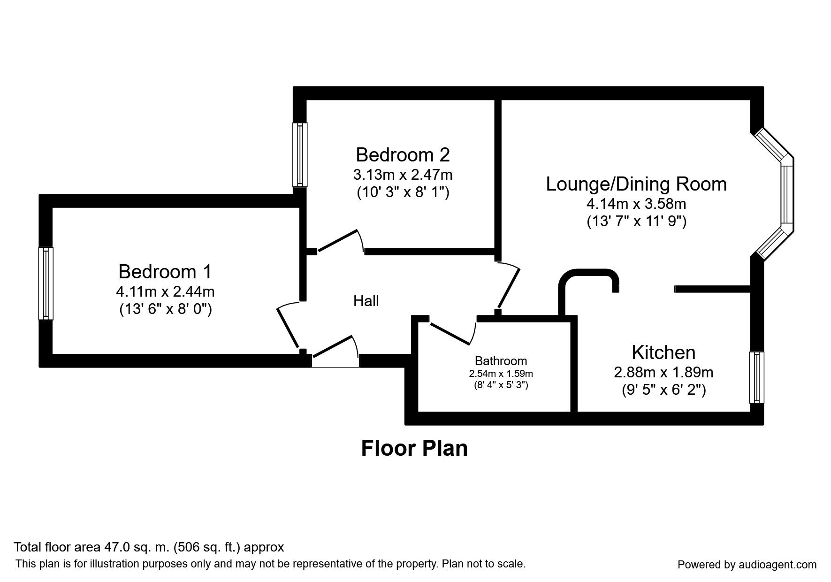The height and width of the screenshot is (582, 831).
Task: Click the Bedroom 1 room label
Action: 165,272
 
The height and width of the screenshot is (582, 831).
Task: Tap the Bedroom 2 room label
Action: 403,154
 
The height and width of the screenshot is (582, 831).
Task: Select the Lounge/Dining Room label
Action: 636,184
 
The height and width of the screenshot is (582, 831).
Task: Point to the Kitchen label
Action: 663,352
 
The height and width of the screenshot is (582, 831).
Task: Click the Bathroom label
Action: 501,361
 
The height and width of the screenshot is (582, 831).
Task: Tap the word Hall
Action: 366,301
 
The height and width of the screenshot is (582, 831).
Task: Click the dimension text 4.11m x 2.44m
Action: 165,291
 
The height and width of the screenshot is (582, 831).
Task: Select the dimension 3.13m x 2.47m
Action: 403,175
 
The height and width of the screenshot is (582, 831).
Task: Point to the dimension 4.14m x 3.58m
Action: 636,204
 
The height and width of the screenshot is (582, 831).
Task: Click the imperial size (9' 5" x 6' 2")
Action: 663,390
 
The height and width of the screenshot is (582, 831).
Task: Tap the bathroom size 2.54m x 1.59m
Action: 501,374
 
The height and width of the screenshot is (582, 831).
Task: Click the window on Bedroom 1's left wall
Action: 46,283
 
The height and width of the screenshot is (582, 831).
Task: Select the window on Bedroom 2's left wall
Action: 300,154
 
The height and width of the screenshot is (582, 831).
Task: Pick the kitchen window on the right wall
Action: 756,377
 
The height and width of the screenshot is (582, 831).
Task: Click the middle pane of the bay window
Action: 787,195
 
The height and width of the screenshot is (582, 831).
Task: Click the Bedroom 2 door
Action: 340,242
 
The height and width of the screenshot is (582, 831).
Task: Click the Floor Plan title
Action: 414,448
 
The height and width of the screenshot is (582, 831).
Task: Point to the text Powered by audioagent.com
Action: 747,565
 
